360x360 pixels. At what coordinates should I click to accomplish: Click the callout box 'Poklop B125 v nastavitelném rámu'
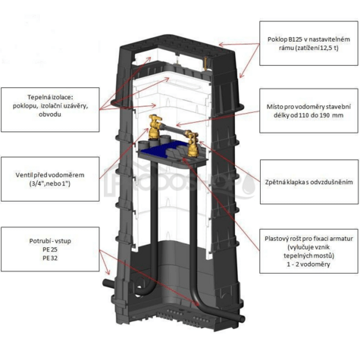click(x=308, y=43)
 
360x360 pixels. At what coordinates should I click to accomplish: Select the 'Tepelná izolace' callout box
click(x=50, y=110)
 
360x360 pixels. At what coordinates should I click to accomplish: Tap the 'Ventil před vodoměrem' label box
click(x=50, y=179)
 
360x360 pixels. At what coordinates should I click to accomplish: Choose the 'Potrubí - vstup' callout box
click(x=50, y=249)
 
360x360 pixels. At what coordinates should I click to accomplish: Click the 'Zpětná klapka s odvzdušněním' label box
click(x=309, y=182)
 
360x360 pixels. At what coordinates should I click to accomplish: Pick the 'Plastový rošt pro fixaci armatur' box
click(x=308, y=251)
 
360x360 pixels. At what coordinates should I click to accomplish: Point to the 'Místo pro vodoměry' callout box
click(x=308, y=111)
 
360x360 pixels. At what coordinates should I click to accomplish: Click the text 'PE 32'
click(x=50, y=258)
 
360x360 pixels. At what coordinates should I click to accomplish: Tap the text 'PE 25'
click(x=50, y=249)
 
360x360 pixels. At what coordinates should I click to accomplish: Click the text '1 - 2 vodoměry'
click(x=308, y=265)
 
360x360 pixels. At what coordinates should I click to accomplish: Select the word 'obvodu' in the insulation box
click(x=50, y=114)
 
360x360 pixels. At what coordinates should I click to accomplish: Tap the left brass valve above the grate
click(x=155, y=127)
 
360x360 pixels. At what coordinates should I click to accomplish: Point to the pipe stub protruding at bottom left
click(x=108, y=283)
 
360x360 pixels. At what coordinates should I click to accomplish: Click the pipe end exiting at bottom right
click(x=241, y=318)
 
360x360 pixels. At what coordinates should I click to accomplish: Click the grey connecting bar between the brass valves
click(x=174, y=129)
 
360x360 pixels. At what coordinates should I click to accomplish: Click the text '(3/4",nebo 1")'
click(x=50, y=183)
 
